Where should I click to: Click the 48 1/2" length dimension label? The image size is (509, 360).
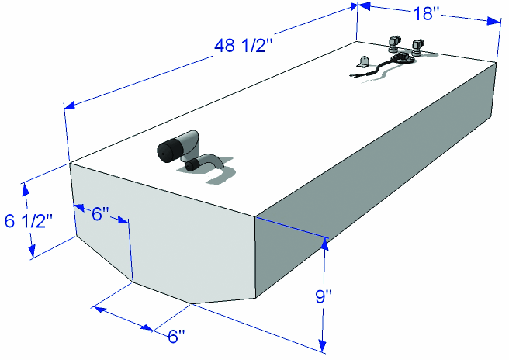tap(243, 46)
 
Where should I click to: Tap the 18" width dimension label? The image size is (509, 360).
tap(426, 14)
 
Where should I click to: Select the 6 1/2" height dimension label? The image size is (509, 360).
tap(29, 221)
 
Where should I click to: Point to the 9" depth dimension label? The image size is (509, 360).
tap(324, 296)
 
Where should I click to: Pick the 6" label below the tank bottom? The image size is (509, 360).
tap(177, 336)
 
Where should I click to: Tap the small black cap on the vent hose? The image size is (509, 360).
tap(192, 165)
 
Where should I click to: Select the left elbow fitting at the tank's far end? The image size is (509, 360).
tap(394, 43)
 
